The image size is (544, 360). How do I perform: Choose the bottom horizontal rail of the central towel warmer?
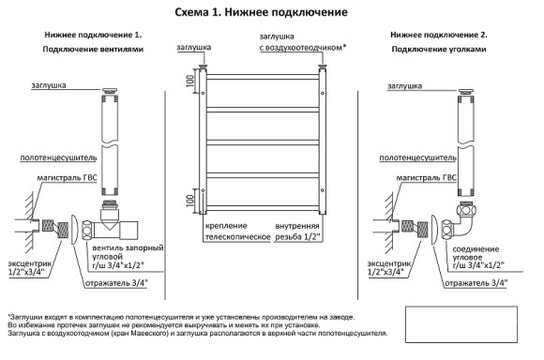tap(262, 208)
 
